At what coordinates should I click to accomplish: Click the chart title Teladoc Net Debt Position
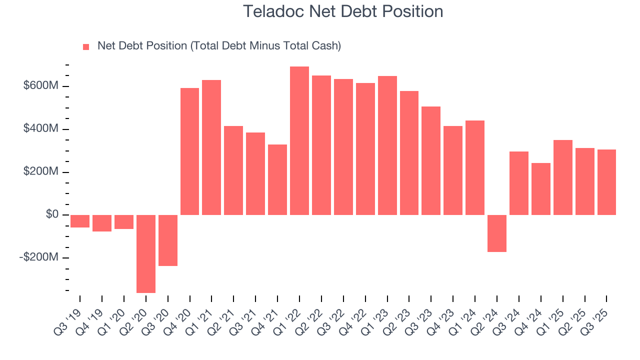342,11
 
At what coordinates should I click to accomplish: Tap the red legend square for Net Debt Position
86,46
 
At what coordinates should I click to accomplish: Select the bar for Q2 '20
146,253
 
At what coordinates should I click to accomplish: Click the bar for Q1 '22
299,140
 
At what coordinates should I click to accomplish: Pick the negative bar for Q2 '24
497,233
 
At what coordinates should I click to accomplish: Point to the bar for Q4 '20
189,151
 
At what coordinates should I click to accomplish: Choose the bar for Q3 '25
606,182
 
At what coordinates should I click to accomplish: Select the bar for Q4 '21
277,179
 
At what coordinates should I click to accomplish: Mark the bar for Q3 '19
80,221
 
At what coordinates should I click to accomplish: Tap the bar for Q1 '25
562,177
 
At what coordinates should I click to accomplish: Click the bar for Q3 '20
168,240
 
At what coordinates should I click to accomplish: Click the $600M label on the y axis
41,86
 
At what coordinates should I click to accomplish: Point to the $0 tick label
52,214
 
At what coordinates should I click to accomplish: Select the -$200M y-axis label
39,257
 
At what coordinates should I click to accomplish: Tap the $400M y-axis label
41,129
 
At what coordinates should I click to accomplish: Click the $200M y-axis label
41,172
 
